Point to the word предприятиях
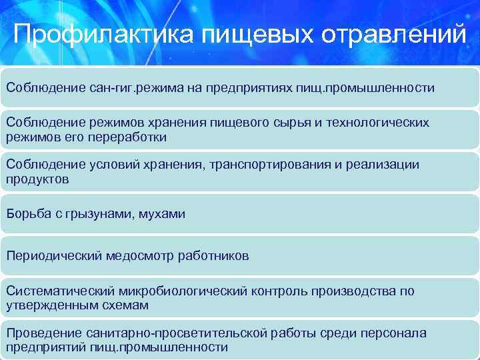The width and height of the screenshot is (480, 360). (248, 87)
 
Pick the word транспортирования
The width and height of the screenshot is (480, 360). (265, 165)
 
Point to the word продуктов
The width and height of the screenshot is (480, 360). (37, 179)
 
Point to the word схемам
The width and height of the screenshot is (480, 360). (125, 305)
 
